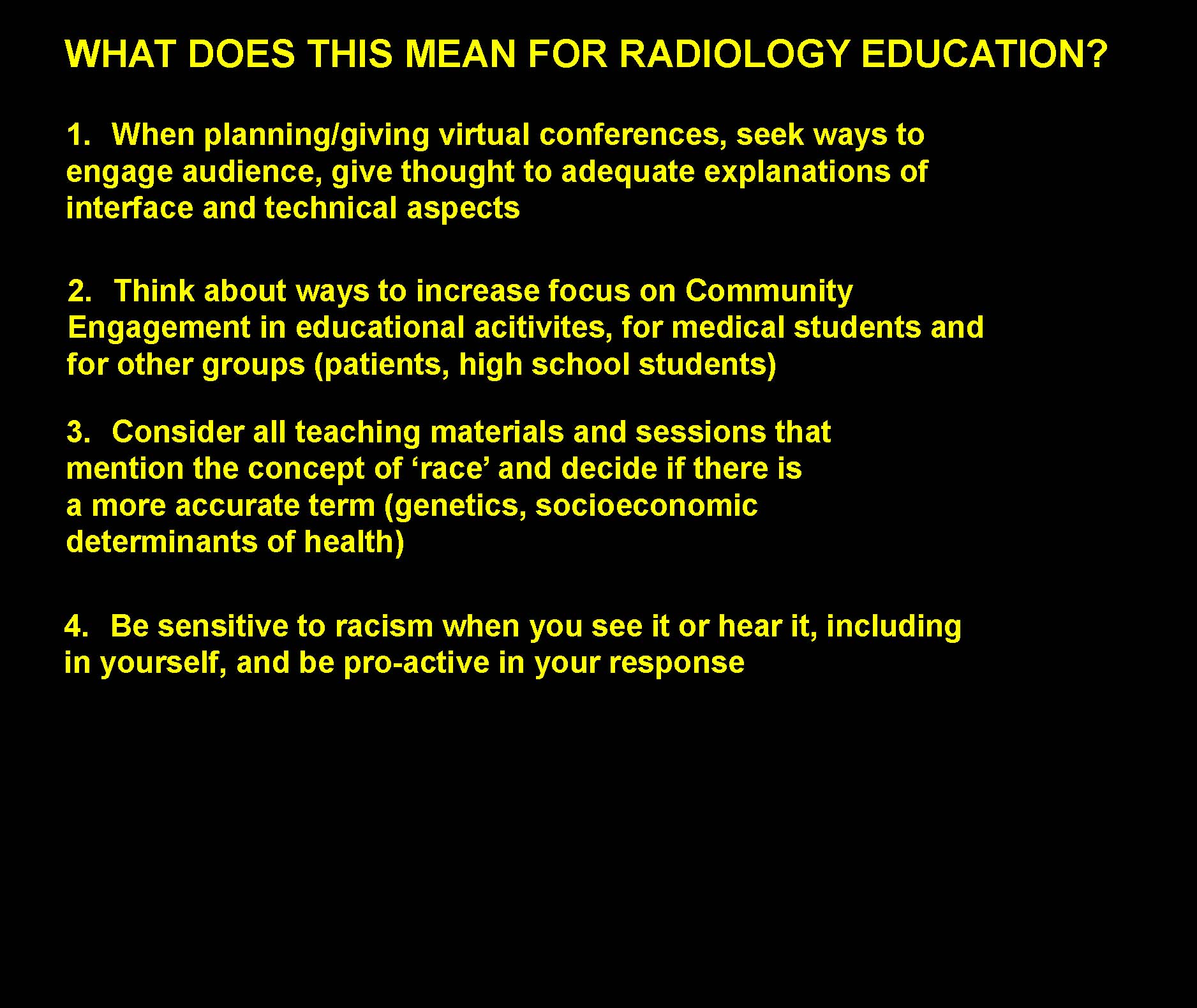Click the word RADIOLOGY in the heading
coord(734,54)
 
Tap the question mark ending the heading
coord(1096,54)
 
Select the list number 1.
coord(78,135)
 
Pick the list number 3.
coord(78,432)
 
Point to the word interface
coord(130,209)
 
